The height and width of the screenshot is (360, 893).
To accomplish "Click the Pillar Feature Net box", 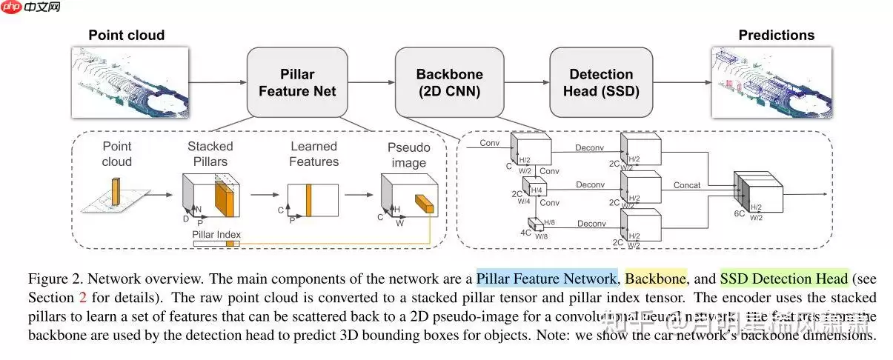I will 297,82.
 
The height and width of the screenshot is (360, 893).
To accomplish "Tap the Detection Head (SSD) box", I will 601,82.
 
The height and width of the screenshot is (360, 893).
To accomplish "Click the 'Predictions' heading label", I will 776,36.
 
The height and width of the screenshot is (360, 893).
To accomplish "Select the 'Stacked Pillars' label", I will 210,153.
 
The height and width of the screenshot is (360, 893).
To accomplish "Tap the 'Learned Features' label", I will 313,153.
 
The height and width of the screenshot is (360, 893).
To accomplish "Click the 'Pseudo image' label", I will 408,155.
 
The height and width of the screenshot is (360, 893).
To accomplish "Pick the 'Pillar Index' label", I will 216,234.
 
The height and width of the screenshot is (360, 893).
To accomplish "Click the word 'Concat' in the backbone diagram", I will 687,185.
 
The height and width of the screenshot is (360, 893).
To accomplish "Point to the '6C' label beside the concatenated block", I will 739,213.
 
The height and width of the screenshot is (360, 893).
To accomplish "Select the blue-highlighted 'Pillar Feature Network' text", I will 546,279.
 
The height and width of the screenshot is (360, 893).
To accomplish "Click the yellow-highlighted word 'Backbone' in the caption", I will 656,279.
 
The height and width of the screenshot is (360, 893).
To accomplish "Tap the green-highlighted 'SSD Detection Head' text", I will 783,279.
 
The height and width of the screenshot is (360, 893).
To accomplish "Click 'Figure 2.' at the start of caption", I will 54,279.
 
